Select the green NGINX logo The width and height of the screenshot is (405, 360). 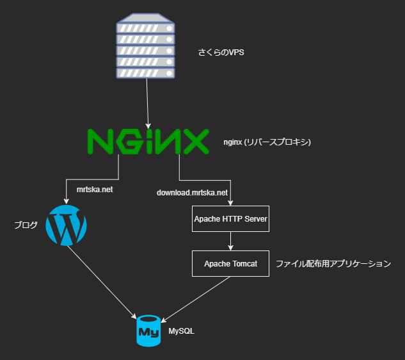click(x=148, y=142)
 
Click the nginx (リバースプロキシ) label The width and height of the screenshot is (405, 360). click(x=267, y=142)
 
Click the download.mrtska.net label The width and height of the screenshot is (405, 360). click(x=193, y=192)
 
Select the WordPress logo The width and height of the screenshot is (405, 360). click(x=67, y=225)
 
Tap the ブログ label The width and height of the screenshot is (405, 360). click(x=26, y=225)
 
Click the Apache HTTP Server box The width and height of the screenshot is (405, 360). click(x=230, y=219)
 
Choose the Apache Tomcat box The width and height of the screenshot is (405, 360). click(x=230, y=263)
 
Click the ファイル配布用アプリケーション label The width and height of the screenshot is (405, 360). click(x=333, y=263)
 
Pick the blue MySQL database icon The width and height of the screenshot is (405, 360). click(x=148, y=331)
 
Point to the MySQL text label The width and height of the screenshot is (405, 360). click(x=181, y=331)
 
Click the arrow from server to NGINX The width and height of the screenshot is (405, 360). click(x=148, y=102)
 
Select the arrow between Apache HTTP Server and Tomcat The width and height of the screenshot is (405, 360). click(x=230, y=241)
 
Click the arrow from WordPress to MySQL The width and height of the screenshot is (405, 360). click(x=102, y=282)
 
